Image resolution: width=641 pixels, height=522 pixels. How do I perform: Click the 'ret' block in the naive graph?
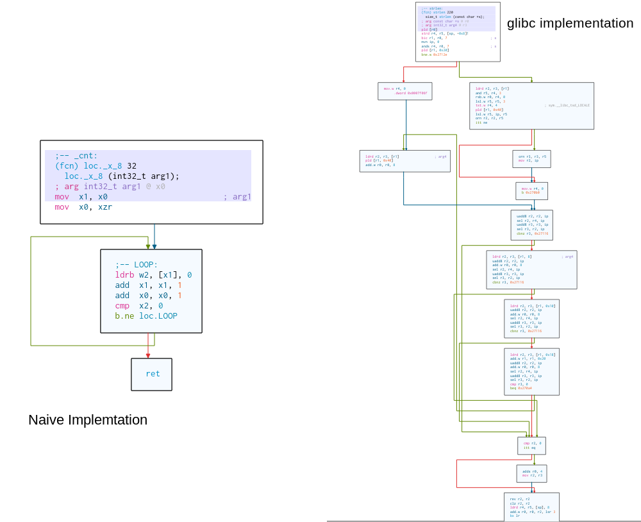pos(152,374)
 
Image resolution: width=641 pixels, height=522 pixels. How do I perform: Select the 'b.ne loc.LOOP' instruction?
pos(146,316)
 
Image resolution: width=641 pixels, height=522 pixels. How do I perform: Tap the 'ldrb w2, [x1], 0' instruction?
pos(153,275)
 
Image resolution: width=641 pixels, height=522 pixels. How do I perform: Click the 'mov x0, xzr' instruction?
pos(83,207)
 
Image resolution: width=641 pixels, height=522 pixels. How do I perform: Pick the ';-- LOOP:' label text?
pos(136,265)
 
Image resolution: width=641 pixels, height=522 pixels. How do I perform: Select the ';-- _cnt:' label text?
pos(76,155)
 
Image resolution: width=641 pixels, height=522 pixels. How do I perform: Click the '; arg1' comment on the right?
pos(237,197)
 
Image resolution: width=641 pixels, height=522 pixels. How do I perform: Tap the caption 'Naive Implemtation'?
pos(88,420)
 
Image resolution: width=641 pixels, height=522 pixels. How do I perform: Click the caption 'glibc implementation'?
pos(570,24)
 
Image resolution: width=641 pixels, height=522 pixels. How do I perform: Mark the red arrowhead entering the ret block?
pos(148,355)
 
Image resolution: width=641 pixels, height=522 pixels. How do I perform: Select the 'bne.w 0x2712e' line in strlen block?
pos(434,55)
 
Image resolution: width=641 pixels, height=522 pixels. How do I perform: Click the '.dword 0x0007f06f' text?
pos(410,93)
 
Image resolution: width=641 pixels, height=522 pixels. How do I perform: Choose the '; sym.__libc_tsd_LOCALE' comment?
pos(567,105)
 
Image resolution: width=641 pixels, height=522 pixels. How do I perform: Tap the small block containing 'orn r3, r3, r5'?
pos(531,158)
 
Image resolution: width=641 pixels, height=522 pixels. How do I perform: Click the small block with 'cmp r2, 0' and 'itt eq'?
pos(531,445)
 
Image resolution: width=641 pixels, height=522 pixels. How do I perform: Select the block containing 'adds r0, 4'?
pos(531,473)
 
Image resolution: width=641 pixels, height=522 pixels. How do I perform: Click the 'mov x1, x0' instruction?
pos(81,197)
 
